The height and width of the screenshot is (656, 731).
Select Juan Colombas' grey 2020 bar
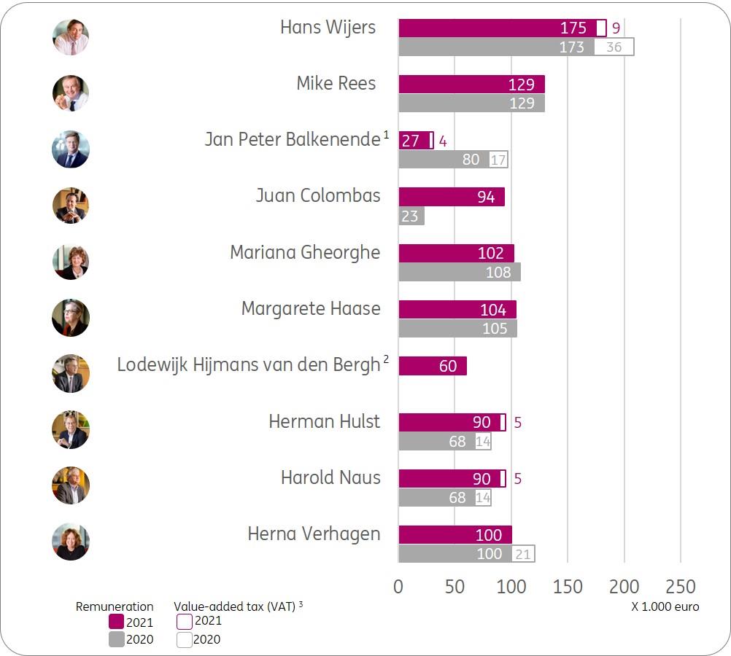coord(411,216)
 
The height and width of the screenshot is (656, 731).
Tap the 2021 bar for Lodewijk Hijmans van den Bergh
coord(433,366)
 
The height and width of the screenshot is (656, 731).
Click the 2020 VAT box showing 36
coord(614,47)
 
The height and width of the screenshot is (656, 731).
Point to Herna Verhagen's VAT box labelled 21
coord(523,554)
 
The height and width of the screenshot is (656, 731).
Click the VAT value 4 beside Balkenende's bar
coord(442,141)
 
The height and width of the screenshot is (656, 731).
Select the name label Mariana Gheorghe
coord(305,252)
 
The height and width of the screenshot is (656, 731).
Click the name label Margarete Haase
coord(311,308)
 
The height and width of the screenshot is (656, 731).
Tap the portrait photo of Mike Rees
coord(71,93)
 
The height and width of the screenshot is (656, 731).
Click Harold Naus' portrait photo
coord(71,485)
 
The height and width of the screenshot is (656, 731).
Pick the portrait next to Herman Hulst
coord(71,429)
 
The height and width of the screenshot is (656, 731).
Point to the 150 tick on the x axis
coord(568,587)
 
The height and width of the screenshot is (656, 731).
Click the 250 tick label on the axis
coord(681,587)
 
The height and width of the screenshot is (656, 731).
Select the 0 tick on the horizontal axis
coord(398,587)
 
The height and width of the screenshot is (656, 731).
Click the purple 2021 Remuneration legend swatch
coord(116,622)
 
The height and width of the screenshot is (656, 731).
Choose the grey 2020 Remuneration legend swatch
coord(116,639)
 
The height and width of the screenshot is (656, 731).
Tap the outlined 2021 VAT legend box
coord(185,622)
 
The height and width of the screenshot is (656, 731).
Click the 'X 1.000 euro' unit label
coord(665,606)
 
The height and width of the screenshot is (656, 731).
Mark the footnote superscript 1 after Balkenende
coord(387,134)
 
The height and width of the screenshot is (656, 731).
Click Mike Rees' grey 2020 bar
coord(471,103)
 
